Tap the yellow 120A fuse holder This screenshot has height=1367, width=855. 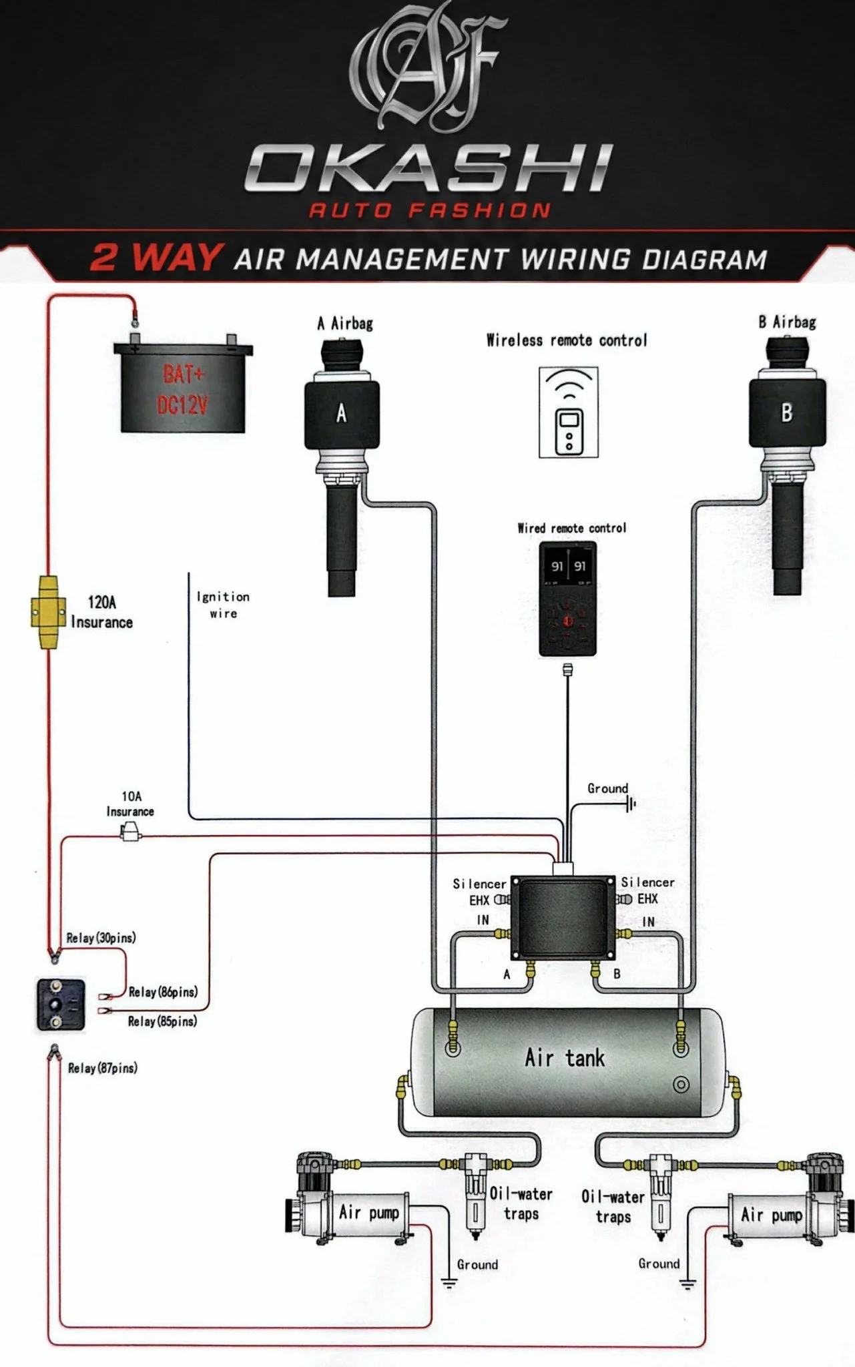(47, 611)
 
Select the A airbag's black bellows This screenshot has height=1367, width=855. (341, 414)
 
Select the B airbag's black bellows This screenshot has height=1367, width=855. (788, 412)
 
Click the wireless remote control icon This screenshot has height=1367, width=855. (569, 412)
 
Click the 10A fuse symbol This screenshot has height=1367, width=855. (130, 832)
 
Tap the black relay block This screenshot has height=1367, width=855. (60, 1005)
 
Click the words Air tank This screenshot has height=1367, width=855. (565, 1057)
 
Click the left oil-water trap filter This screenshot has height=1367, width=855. (475, 1197)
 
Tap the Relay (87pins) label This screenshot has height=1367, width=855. (103, 1068)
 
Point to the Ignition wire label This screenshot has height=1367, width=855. (223, 605)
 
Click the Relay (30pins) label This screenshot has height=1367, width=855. (101, 938)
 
